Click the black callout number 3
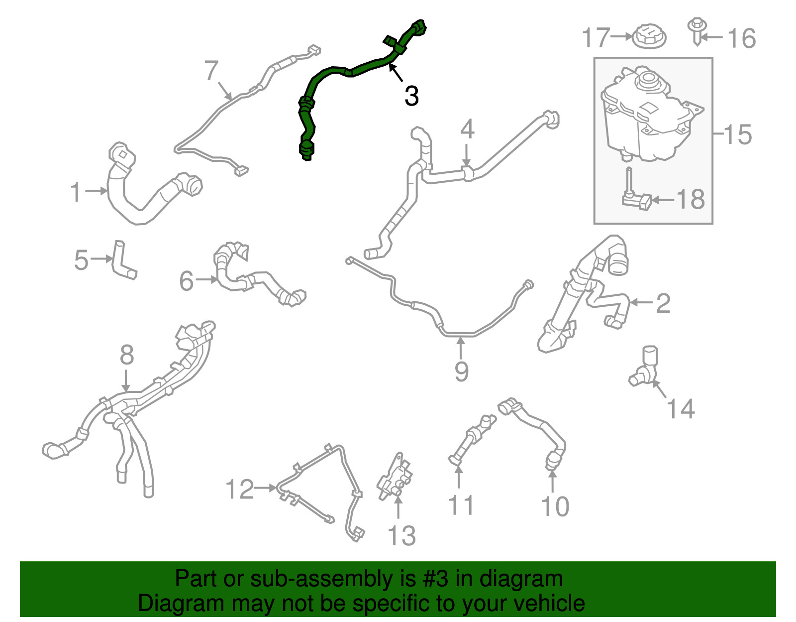coord(411,96)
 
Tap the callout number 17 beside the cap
coord(597,37)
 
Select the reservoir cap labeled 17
coord(649,36)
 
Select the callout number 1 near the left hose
coord(76,192)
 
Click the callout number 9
coord(462,372)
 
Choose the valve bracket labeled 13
coord(395,477)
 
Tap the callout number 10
coord(555,506)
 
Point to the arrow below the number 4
coord(466,155)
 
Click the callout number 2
coord(663,303)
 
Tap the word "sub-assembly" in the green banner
coord(333,579)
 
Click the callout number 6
coord(186,281)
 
